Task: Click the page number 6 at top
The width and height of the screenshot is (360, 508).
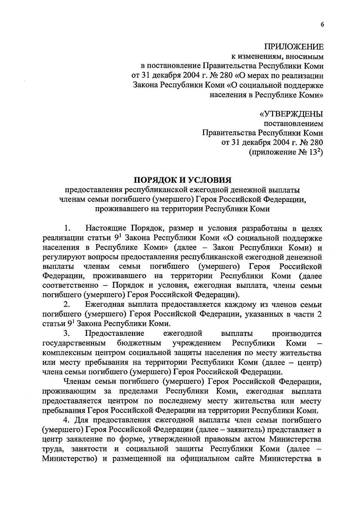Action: point(322,25)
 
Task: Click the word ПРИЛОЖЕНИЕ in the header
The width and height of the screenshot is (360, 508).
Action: point(294,47)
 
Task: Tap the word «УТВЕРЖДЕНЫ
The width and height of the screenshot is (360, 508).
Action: point(291,114)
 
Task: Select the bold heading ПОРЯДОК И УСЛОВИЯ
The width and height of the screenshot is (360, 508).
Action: point(182,180)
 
